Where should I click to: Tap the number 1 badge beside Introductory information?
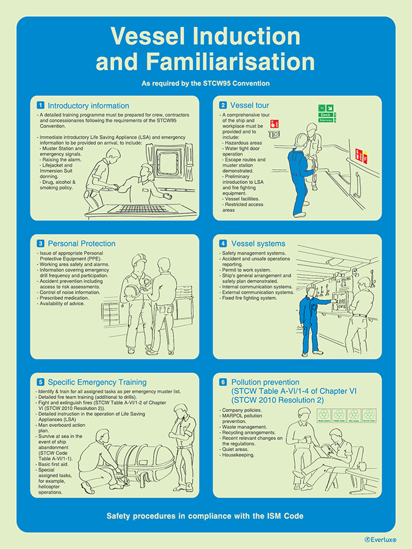pos(40,105)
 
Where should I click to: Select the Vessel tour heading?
pos(249,105)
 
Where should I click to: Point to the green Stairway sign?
pos(328,120)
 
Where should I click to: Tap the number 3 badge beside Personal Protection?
pos(40,244)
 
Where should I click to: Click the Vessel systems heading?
pos(258,244)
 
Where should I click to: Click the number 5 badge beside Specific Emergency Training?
pos(40,382)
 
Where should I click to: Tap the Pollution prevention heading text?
pos(265,382)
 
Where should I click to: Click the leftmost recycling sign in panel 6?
pos(322,415)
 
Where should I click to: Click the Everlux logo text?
pos(381,540)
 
